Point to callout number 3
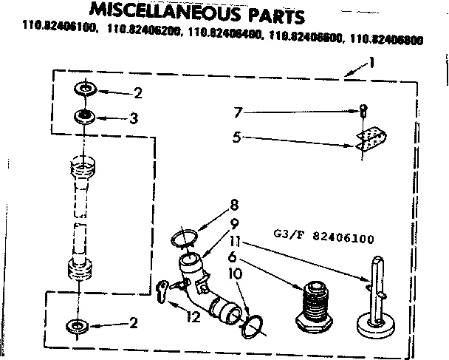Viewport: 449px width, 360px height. click(x=134, y=117)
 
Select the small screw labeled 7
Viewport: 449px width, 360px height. click(x=363, y=112)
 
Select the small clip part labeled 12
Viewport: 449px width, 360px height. click(x=166, y=292)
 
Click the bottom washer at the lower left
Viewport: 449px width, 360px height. click(x=77, y=325)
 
